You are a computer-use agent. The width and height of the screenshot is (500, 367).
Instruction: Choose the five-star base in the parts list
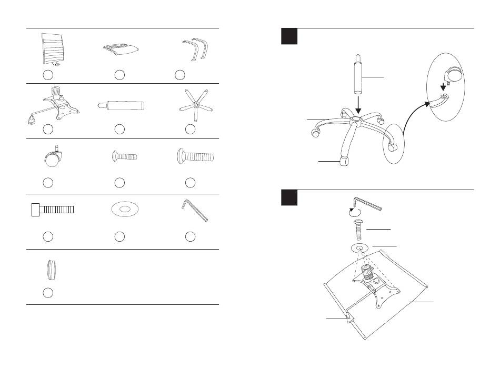[x=195, y=106]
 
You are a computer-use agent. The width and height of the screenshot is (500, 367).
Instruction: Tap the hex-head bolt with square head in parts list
[x=52, y=209]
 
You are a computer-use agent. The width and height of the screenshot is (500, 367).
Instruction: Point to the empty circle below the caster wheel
[x=47, y=182]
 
